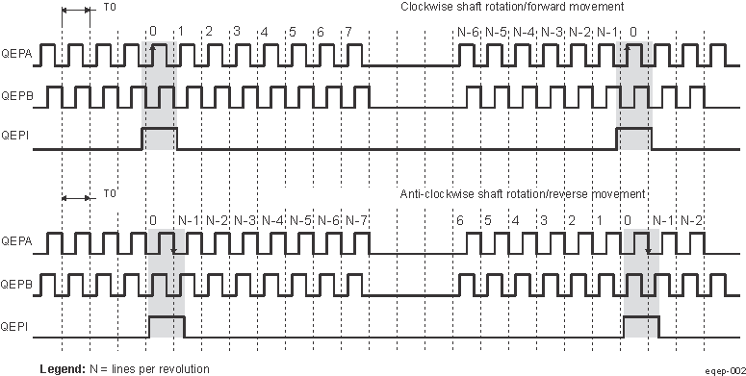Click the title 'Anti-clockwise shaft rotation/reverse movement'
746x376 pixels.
(522, 195)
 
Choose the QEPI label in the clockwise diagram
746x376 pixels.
(17, 138)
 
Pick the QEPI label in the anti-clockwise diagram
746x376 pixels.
(17, 327)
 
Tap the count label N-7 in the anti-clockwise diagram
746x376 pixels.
(357, 220)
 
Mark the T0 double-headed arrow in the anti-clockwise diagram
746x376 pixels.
(75, 197)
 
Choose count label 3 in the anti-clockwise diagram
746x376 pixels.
(544, 220)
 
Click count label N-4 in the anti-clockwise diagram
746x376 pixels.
(273, 220)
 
